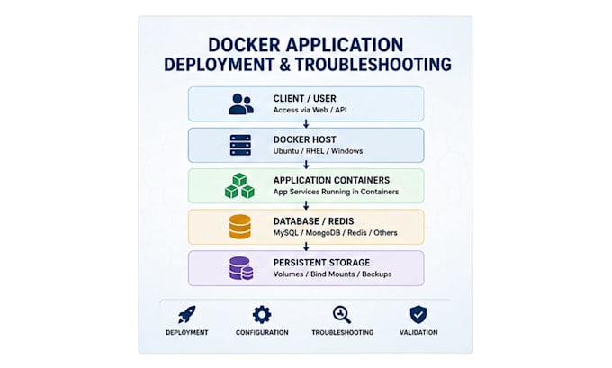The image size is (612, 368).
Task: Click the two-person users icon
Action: coord(241,103)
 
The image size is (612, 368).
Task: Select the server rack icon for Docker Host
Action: coord(240,145)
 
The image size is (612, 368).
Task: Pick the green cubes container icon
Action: coord(239,185)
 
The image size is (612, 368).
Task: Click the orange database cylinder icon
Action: coord(240,227)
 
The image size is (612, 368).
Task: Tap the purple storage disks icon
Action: coord(241,268)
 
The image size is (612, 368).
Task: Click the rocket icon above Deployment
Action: coord(187,314)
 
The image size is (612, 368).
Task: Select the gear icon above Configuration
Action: coord(262,314)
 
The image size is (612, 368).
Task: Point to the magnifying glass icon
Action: coord(342,315)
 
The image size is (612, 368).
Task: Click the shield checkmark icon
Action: coord(418,315)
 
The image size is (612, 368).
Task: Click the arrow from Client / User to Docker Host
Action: coord(306,124)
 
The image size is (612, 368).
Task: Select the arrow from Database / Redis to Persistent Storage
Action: coord(306,247)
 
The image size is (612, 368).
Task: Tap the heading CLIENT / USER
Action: coord(305,99)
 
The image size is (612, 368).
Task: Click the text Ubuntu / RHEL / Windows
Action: coord(318,151)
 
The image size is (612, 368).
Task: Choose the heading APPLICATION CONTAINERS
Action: coord(331,180)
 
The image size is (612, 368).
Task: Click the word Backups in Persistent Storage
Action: coord(376,274)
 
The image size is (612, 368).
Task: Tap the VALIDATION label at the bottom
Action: coord(418,333)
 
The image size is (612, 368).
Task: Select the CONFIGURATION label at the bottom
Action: coord(262,333)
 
